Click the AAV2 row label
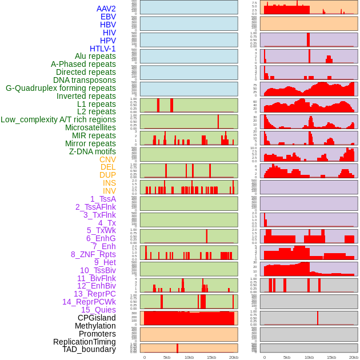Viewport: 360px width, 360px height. [106, 9]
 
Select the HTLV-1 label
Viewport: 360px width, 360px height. [103, 49]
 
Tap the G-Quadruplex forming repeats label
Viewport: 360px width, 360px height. [61, 88]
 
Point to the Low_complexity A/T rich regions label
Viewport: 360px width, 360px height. [58, 119]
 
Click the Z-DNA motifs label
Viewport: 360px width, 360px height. [93, 151]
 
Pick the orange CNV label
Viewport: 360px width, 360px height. [107, 159]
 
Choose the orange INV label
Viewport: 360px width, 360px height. [109, 191]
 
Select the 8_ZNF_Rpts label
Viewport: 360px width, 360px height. [93, 254]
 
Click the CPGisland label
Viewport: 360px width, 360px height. [97, 318]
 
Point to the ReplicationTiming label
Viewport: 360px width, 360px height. [84, 342]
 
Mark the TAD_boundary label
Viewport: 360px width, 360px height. [89, 349]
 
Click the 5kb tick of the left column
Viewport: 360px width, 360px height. [167, 357]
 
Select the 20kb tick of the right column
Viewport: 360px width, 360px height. [354, 357]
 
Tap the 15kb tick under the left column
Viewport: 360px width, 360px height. [211, 357]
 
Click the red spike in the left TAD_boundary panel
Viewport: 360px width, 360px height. [177, 348]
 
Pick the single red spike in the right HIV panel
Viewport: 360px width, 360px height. [308, 39]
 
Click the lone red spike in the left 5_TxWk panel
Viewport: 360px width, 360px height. [207, 236]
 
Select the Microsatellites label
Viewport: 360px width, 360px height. [90, 127]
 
